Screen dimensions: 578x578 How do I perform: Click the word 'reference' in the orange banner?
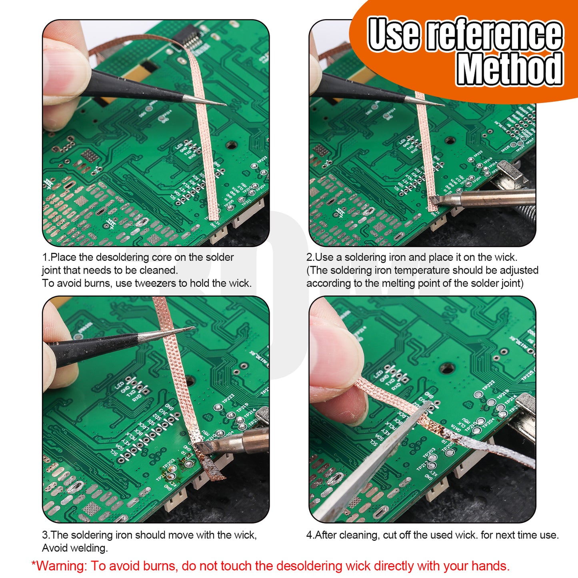[x=495, y=34]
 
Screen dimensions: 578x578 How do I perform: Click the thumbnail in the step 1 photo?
[x=64, y=70]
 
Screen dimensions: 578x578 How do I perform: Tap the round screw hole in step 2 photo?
[x=450, y=140]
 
